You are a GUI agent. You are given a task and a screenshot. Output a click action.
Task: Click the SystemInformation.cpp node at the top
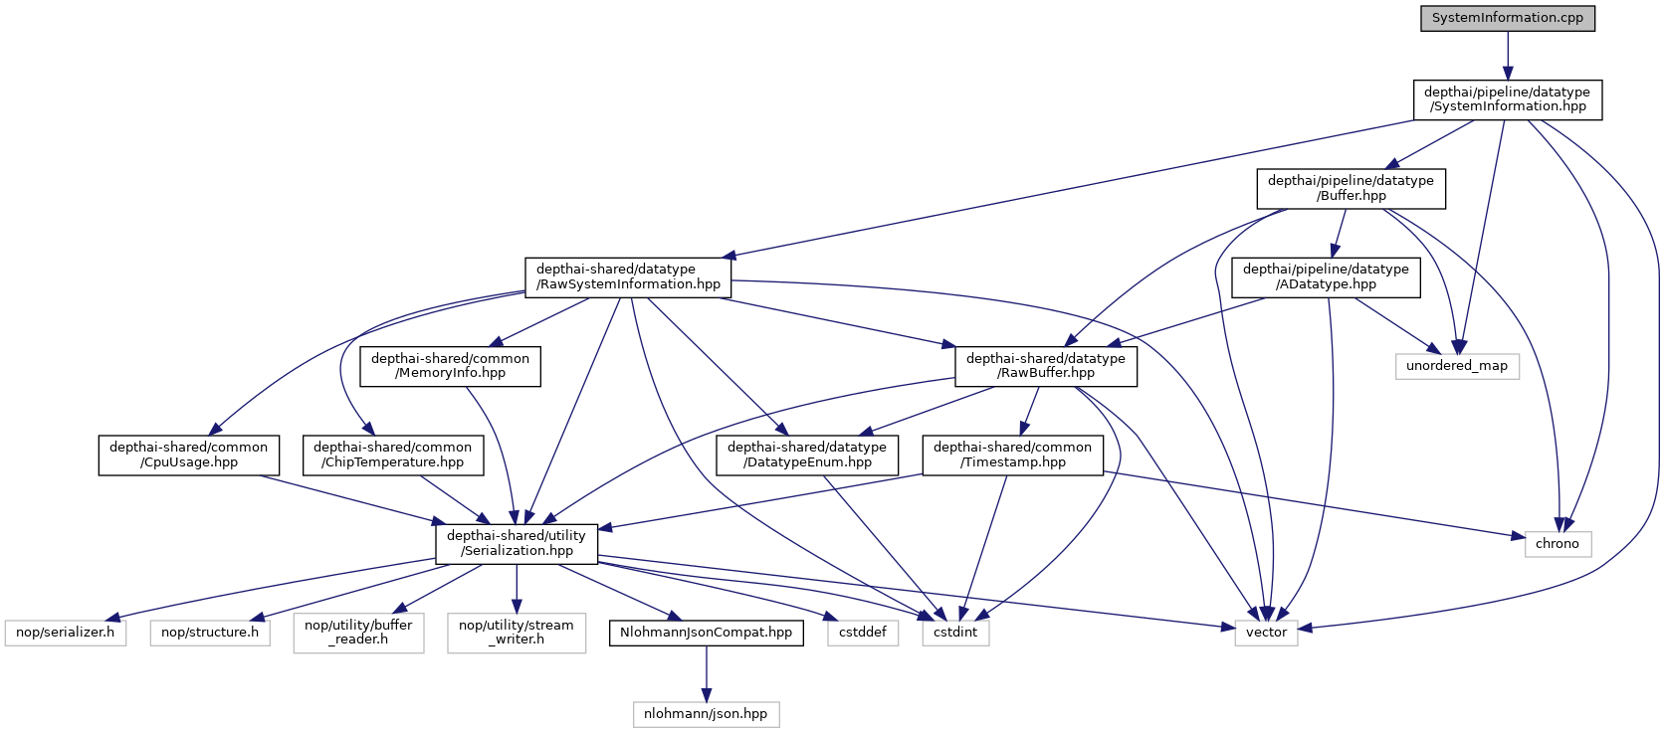click(1507, 18)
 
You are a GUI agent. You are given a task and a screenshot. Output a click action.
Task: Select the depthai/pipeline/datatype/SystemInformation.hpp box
click(1507, 99)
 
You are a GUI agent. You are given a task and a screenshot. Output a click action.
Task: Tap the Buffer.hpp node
click(1351, 188)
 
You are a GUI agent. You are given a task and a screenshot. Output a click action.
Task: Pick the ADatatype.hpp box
click(1326, 276)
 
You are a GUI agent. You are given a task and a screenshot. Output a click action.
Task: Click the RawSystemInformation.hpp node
click(628, 276)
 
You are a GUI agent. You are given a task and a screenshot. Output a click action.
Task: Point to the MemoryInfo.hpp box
click(450, 366)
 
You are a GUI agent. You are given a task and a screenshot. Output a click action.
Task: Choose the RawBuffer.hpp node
click(1045, 366)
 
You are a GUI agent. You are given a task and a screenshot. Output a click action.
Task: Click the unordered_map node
click(1456, 366)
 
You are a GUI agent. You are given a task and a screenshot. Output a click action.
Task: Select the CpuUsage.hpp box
click(188, 455)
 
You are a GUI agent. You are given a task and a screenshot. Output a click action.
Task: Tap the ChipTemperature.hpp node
click(392, 455)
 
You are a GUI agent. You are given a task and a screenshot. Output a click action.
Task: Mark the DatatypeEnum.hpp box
click(806, 455)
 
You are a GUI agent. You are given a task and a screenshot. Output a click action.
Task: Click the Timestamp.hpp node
click(1012, 455)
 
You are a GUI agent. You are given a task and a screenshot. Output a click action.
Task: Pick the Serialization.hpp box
click(517, 543)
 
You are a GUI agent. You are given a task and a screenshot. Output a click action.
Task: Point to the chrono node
click(1557, 544)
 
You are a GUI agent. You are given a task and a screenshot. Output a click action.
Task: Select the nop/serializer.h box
click(65, 633)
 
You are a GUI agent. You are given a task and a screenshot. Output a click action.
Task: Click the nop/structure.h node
click(209, 633)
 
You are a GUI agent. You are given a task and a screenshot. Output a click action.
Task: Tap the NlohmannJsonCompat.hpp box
click(706, 633)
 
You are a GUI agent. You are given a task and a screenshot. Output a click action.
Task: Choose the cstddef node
click(862, 633)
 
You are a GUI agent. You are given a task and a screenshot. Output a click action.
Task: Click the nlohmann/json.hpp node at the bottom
click(706, 714)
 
